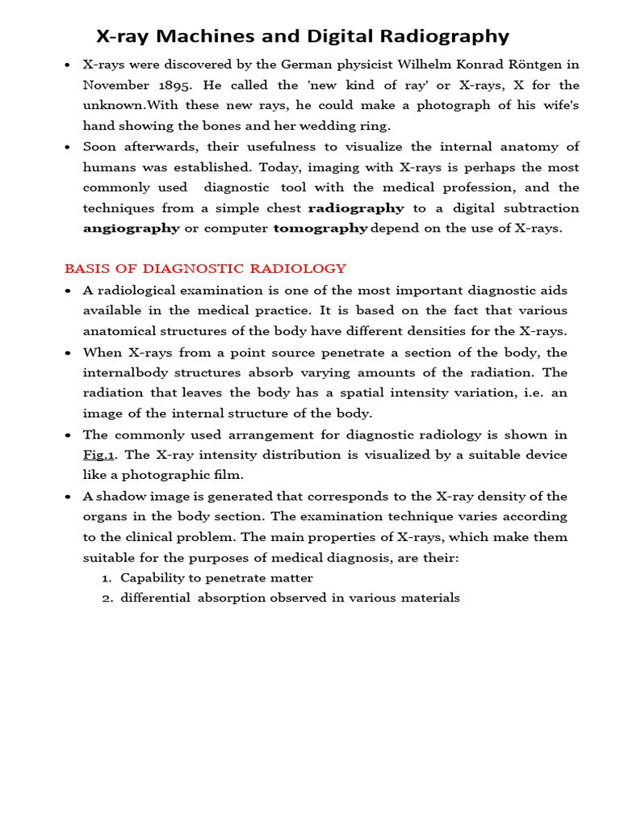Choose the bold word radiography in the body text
click(x=356, y=208)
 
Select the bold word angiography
click(x=131, y=229)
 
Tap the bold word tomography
click(x=320, y=229)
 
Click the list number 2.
click(x=106, y=598)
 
